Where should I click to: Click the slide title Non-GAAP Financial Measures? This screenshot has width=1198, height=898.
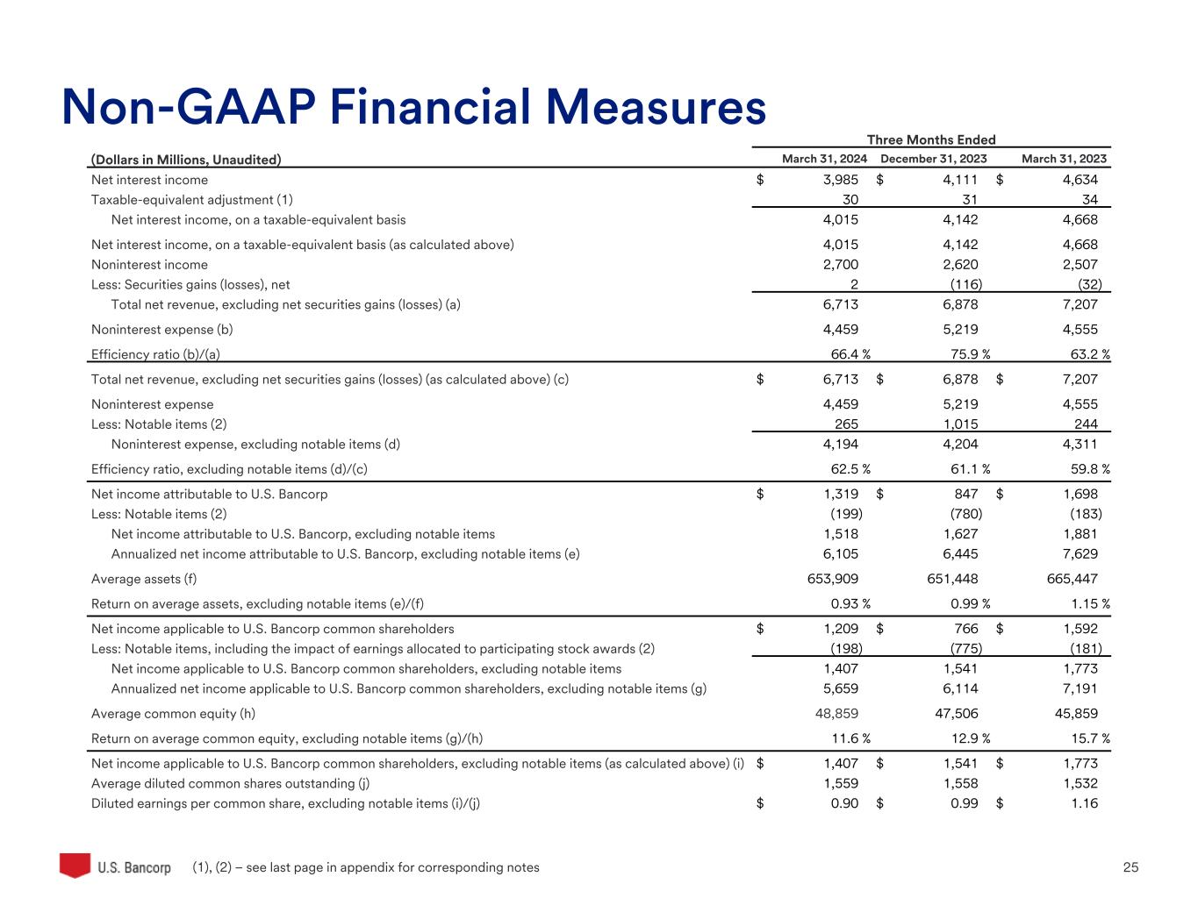coord(413,107)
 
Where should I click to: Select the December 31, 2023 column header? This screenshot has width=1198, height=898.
coord(933,159)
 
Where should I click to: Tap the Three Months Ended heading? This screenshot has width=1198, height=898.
coord(931,139)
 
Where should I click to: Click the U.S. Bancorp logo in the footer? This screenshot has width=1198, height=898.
coord(115,866)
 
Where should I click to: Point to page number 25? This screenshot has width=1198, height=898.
coord(1130,867)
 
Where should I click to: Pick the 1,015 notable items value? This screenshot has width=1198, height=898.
coord(961,424)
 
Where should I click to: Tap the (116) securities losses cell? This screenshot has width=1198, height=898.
coord(966,284)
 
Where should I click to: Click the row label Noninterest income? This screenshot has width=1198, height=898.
coord(150,265)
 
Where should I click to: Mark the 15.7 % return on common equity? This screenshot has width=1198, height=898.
coord(1085,738)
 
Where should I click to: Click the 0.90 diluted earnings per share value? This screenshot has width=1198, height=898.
coord(844,803)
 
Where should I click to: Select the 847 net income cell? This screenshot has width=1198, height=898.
coord(965,494)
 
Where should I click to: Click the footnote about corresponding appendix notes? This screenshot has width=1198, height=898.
coord(366,867)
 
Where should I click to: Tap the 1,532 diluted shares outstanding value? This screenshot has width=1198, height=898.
coord(1080,783)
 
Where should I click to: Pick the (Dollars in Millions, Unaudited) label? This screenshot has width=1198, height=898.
coord(186,160)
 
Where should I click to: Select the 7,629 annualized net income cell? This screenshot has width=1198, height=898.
coord(1080,554)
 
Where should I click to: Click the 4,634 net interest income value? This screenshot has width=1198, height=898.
coord(1080,180)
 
